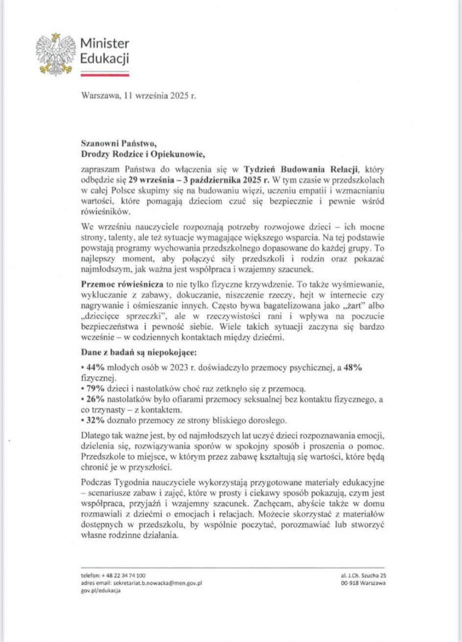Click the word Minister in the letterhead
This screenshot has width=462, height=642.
tap(104, 44)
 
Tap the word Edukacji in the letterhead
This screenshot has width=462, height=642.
tap(104, 58)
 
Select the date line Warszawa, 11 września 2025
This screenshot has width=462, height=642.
tap(138, 98)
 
